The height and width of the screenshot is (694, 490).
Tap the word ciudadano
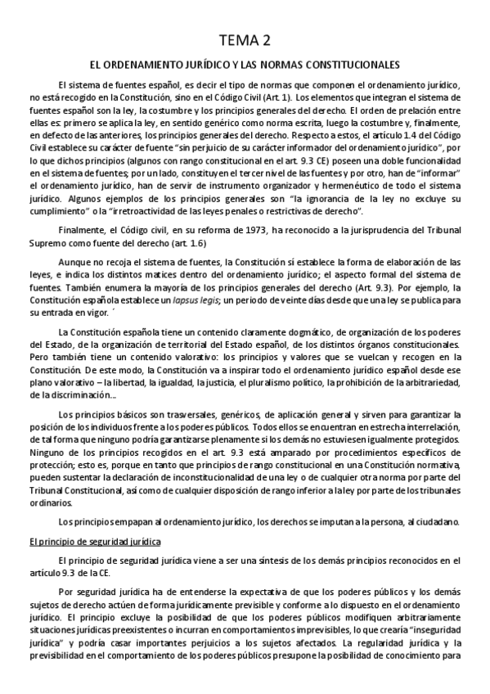point(438,522)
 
